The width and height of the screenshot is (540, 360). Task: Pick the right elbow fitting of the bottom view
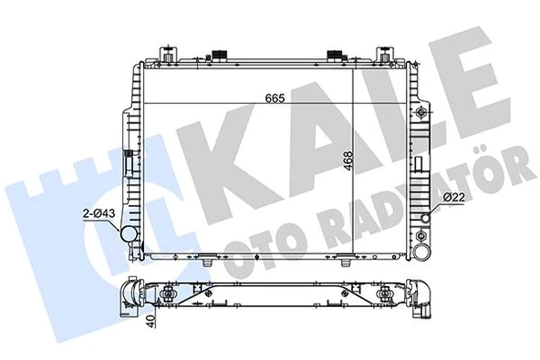(421, 302)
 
